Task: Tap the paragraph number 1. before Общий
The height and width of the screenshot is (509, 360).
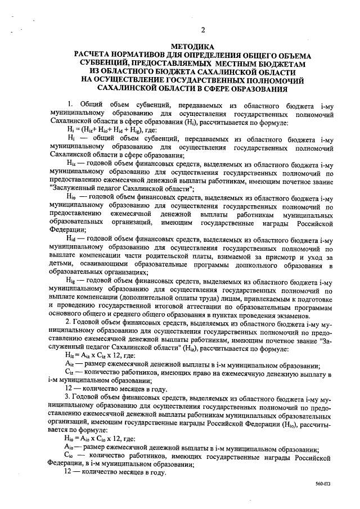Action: tap(69, 105)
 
